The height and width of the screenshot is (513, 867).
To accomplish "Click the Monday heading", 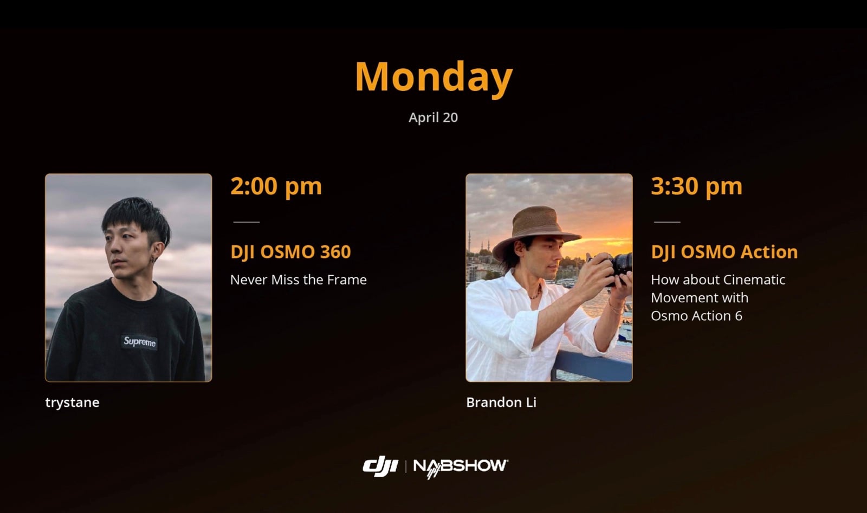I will pos(433,77).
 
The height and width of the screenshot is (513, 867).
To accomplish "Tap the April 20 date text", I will pos(433,118).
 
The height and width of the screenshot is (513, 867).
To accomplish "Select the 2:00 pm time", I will pos(276,186).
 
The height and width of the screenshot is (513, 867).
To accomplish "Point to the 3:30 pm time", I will pos(696,186).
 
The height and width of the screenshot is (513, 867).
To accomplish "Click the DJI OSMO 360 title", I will pos(290,252).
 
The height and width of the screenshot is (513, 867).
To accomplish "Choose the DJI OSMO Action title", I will pos(724,252).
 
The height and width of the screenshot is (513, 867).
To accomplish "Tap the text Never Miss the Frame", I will pos(298,280).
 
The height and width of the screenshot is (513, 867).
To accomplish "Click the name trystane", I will pos(72,402).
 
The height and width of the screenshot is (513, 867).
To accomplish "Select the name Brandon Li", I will pos(501,402).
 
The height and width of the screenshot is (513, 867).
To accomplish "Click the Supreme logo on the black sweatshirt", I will pos(139,342).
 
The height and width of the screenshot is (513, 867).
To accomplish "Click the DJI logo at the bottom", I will pos(380,466).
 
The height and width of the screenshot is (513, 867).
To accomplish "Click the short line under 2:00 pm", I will pos(246,222).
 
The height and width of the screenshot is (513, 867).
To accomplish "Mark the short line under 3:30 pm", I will pos(667,222).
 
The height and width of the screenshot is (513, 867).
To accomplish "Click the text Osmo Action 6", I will pos(696,316).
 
